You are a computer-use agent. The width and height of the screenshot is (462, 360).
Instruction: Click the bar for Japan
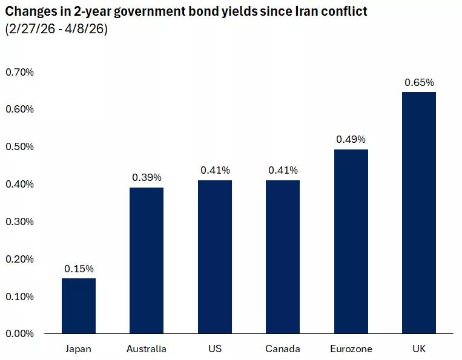(x=79, y=306)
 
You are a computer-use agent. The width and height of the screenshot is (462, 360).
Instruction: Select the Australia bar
(x=147, y=260)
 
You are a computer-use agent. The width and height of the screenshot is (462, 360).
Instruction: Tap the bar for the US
(x=214, y=257)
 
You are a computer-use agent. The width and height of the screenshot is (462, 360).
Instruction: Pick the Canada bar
(x=283, y=257)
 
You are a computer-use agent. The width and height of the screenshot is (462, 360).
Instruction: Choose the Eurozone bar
(x=351, y=241)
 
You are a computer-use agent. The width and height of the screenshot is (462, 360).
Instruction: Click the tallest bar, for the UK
(x=419, y=212)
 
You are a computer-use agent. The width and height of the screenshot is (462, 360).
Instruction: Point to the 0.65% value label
(x=419, y=82)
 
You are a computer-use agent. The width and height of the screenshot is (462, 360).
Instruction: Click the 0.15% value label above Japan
(x=79, y=269)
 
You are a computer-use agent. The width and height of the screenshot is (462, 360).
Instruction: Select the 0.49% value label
(x=351, y=139)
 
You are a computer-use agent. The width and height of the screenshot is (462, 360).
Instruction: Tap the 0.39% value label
(x=147, y=177)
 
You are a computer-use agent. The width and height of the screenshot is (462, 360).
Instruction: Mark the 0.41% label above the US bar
(x=214, y=170)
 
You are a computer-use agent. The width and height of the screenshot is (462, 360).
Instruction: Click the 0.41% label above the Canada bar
(x=283, y=170)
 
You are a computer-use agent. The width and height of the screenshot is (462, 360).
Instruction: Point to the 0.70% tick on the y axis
(x=20, y=72)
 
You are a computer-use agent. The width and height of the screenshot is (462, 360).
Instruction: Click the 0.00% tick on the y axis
(x=20, y=333)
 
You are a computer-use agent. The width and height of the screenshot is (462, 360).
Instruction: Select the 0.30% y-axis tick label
(x=20, y=221)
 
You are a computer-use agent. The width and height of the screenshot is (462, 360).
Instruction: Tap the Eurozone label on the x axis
(x=351, y=349)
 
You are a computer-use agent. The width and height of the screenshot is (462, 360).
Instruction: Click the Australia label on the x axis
(x=147, y=349)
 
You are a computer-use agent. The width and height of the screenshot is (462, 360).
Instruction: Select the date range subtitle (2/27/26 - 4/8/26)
(x=56, y=29)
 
